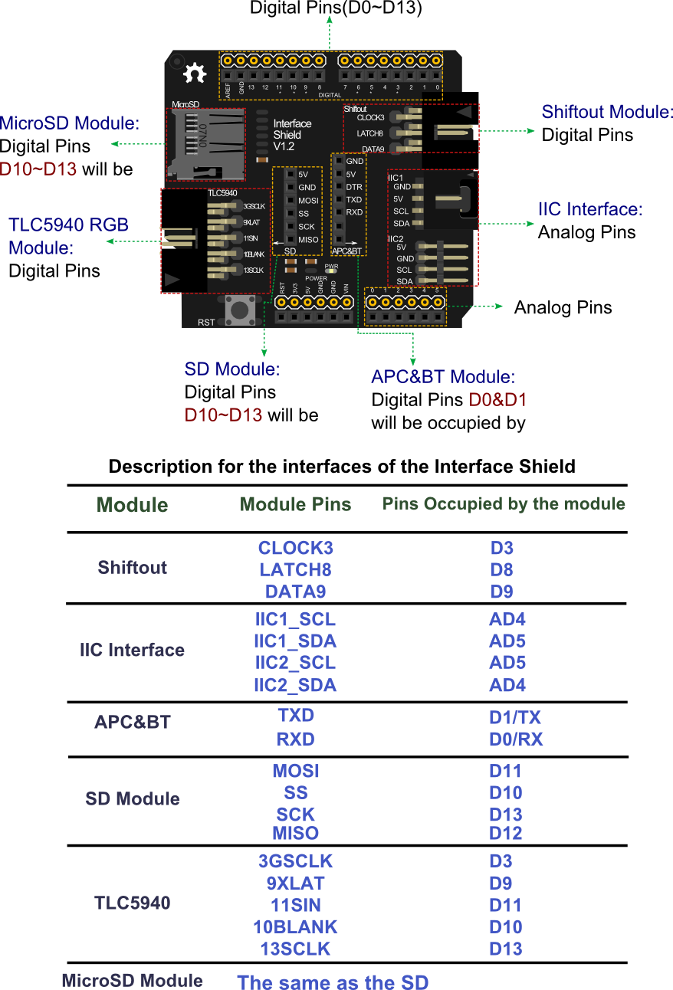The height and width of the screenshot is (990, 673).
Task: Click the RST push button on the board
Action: pos(239,310)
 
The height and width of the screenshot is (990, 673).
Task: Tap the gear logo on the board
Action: pos(195,74)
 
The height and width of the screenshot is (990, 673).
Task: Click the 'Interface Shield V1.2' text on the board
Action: pos(292,134)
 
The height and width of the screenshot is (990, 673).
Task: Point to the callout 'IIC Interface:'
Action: pos(589,209)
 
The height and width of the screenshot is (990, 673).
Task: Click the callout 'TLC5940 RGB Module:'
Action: pos(68,236)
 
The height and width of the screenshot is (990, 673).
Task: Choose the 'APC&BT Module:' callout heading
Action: pos(443,377)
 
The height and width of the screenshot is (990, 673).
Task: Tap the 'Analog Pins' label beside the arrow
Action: pos(563,308)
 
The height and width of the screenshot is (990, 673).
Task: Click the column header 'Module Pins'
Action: pos(295,504)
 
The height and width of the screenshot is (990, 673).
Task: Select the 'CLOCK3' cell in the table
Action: pos(295,549)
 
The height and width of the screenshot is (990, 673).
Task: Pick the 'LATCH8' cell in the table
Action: pos(295,570)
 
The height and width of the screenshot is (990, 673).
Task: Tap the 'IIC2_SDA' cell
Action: pos(295,685)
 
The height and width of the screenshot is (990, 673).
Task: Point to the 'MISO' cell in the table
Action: pos(295,833)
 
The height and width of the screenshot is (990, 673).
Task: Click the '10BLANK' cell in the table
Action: pos(295,926)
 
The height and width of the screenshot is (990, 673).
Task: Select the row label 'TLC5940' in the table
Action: pos(133,903)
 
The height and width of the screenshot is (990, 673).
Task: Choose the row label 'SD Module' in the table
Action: pos(133,799)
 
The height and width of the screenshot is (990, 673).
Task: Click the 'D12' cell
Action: pos(505,834)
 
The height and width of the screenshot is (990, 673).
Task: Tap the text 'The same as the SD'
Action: pos(333,982)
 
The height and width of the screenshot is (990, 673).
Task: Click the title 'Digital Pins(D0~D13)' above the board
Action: pos(336,8)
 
